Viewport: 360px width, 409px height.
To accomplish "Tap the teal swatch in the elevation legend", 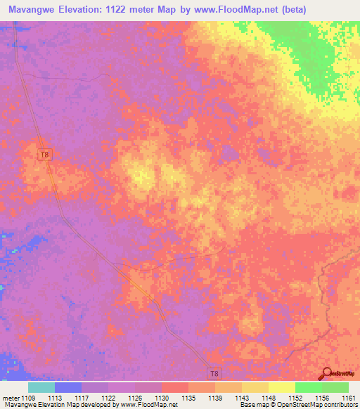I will pyautogui.click(x=41, y=387).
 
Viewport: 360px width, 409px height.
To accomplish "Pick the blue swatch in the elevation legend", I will pyautogui.click(x=68, y=387).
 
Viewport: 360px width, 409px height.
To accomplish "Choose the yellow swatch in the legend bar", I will pyautogui.click(x=281, y=387).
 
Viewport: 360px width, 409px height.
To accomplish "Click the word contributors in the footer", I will pyautogui.click(x=340, y=405).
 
